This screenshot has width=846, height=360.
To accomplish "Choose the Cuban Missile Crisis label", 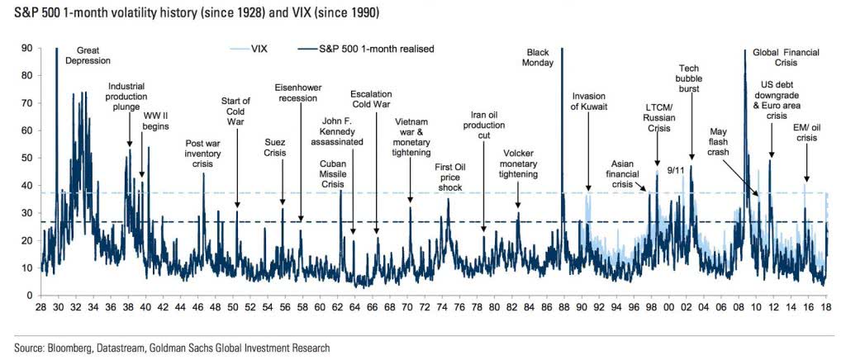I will point(333,173).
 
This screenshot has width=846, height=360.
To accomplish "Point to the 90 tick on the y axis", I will point(27,49).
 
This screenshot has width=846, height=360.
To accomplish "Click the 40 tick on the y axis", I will point(27,186).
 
